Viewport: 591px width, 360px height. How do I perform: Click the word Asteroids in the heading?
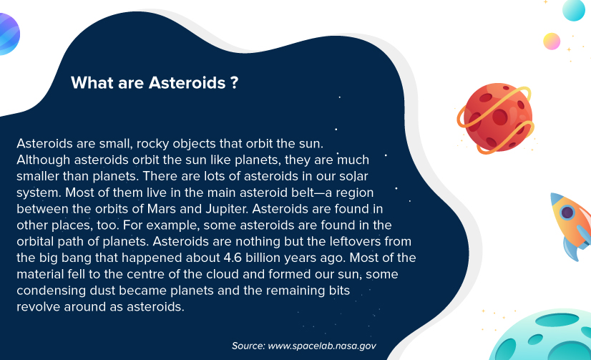187,82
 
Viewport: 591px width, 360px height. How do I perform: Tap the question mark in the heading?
235,82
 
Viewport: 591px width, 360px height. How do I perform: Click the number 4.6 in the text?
233,258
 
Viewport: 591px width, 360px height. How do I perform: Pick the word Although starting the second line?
44,160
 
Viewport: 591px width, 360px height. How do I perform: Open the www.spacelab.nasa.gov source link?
322,346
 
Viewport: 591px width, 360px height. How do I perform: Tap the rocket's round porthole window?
567,213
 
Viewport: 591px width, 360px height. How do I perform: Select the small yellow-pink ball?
552,41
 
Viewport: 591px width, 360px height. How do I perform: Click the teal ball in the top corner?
574,10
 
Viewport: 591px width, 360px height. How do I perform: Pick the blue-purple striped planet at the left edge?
9,34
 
